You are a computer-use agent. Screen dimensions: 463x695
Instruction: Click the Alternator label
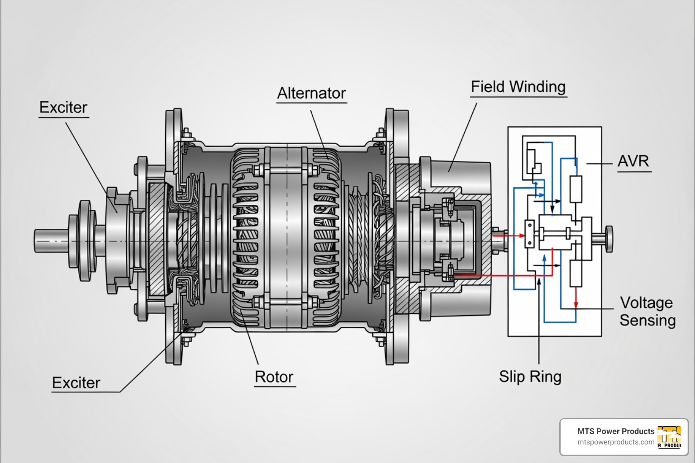(311, 93)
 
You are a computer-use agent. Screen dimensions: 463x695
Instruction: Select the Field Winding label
(518, 87)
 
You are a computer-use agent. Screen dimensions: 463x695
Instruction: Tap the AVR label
(633, 161)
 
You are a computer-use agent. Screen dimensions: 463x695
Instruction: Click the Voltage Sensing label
(647, 312)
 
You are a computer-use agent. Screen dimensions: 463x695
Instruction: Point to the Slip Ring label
(530, 377)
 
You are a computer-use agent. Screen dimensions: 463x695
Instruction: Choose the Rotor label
(274, 377)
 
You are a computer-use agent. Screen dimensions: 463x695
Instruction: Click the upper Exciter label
(63, 108)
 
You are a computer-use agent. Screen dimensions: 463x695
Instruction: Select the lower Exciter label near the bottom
(76, 383)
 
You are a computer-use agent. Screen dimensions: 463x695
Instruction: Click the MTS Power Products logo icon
(669, 437)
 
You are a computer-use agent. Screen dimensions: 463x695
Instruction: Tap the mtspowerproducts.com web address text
(616, 442)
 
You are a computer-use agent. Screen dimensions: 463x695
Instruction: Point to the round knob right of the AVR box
(609, 238)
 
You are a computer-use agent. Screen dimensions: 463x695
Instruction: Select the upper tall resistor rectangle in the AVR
(576, 189)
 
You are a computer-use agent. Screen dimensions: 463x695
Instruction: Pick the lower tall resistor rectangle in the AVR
(576, 273)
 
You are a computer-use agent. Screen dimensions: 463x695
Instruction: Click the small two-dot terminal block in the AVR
(529, 234)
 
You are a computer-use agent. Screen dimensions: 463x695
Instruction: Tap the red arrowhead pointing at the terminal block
(522, 236)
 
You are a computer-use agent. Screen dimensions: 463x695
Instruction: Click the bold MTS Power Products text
(616, 431)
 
